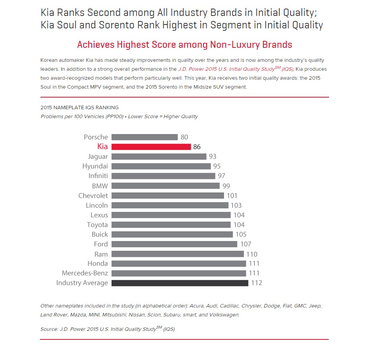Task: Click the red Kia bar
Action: coord(151,147)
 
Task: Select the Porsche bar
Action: coord(144,137)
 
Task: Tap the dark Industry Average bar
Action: coord(180,283)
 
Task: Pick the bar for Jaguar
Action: coord(159,157)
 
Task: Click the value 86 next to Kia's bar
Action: coord(197,147)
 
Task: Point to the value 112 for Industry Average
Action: coord(257,283)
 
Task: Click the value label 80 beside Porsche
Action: coord(184,137)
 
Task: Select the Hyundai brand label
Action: coord(95,166)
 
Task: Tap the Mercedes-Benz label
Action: coord(85,273)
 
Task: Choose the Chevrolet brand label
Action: coord(93,196)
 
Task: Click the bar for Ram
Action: coord(177,254)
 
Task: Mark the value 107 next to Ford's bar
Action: coord(246,244)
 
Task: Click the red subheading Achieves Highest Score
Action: coord(184,45)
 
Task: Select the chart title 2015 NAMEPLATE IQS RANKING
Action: coord(79,108)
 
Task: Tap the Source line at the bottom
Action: coord(107,329)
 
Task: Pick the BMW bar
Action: coord(165,186)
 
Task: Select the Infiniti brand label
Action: coord(98,176)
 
